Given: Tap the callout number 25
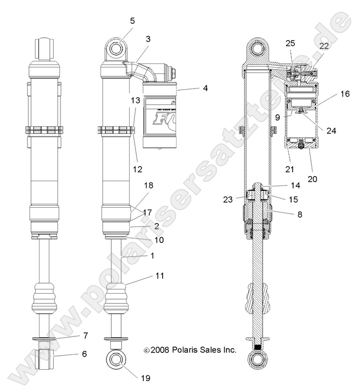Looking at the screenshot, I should (x=290, y=44).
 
